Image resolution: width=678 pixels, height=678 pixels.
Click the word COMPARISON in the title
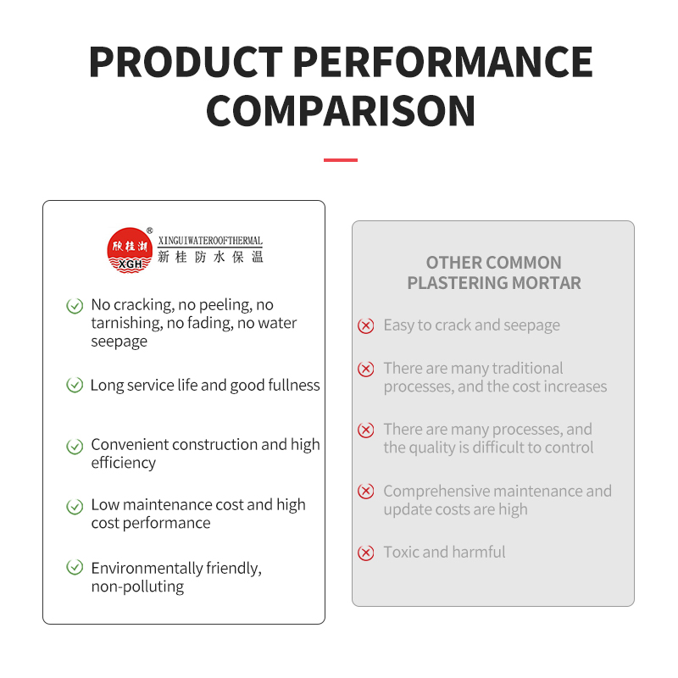(x=341, y=111)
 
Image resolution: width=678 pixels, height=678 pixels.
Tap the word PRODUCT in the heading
(x=186, y=62)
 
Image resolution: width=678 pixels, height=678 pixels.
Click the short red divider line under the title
(x=341, y=160)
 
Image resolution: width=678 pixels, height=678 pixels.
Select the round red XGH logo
(x=130, y=250)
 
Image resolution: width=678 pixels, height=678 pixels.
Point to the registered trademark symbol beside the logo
(x=150, y=231)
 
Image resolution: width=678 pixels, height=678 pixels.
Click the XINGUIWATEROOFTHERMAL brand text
(x=210, y=241)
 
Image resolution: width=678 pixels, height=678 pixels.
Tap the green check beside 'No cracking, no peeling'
(x=75, y=306)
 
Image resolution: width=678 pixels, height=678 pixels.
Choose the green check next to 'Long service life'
(x=75, y=385)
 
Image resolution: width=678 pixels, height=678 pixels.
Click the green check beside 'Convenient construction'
(x=75, y=447)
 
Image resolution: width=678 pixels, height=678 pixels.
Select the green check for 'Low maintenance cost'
(x=75, y=506)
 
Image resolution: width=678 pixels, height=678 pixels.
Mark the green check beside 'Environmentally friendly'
(x=75, y=567)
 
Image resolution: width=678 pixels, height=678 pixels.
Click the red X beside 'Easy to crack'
(x=366, y=325)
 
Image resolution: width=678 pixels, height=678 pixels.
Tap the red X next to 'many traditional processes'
(x=366, y=369)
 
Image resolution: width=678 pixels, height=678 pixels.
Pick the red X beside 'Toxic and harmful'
(x=366, y=553)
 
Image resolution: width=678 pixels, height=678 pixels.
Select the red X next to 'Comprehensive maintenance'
(x=366, y=492)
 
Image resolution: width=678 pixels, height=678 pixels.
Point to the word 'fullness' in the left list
(x=294, y=385)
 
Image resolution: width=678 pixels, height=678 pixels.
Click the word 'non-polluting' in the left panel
(x=137, y=586)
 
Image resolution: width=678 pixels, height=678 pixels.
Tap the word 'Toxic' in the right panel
(x=401, y=553)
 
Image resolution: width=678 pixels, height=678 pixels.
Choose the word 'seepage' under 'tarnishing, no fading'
(x=119, y=342)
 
